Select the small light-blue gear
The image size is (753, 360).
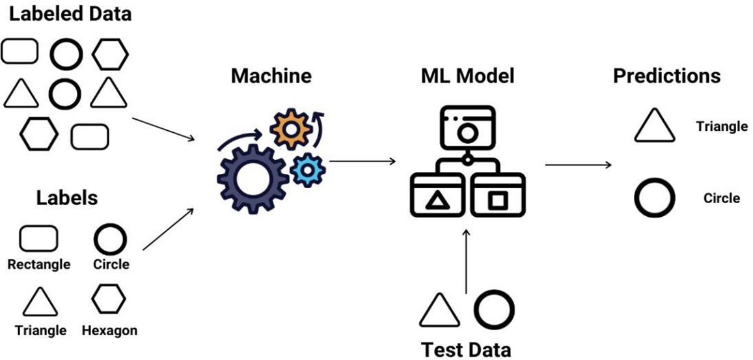[307, 171]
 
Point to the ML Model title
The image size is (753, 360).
[467, 76]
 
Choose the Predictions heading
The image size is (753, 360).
[666, 76]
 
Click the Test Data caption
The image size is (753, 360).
[466, 350]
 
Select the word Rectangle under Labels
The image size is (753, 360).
[39, 264]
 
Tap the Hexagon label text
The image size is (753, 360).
[109, 331]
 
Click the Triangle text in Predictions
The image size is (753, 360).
[722, 126]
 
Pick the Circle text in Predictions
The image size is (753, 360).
[722, 198]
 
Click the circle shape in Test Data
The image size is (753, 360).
[493, 309]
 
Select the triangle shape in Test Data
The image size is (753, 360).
[440, 310]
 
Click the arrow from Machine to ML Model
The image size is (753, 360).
[363, 161]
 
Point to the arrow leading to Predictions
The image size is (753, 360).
[578, 165]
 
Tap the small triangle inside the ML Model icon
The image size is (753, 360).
[435, 201]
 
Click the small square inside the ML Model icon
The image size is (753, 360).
[497, 200]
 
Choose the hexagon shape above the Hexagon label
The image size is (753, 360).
[109, 299]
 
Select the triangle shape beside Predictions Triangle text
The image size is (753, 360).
[651, 126]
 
